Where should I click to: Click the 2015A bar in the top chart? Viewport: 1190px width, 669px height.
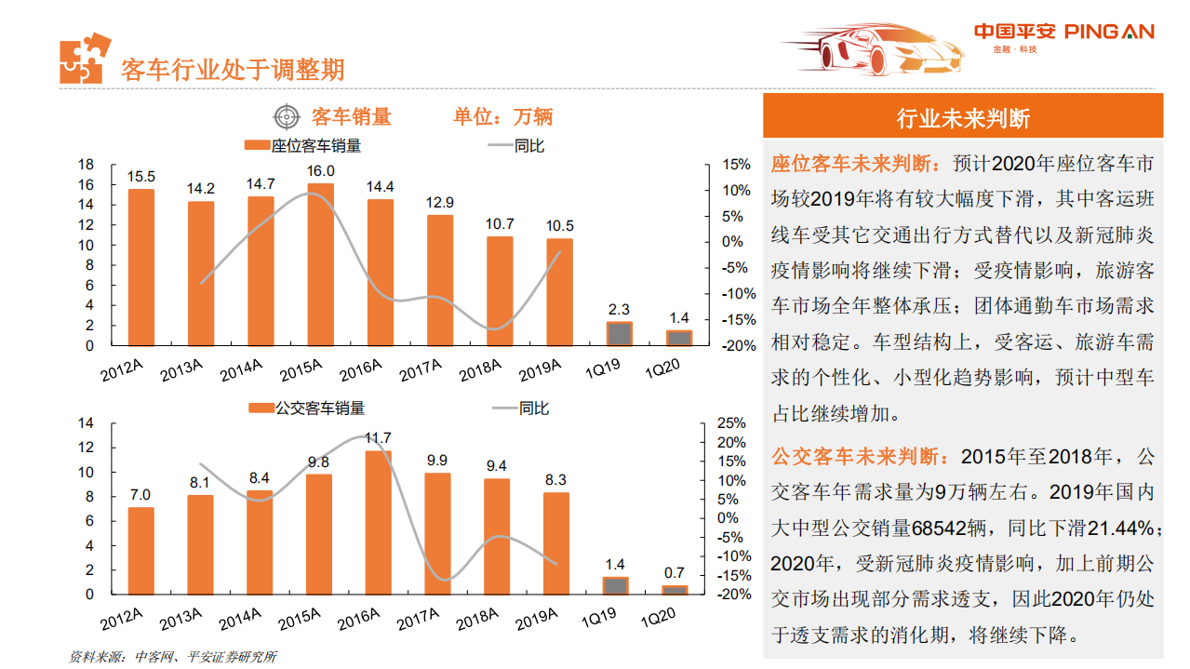point(320,264)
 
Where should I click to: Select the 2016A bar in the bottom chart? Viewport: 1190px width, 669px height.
point(378,522)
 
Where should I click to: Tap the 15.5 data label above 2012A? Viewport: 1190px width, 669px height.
point(141,176)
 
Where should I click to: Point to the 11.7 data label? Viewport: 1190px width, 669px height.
point(378,437)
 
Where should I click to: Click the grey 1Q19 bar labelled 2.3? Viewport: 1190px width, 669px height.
point(619,334)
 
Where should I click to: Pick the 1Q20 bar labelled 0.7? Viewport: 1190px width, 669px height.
point(675,589)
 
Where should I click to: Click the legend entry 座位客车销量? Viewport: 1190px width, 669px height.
point(303,146)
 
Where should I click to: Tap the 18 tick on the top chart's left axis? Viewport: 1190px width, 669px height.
point(85,165)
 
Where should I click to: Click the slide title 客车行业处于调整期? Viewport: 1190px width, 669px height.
point(233,69)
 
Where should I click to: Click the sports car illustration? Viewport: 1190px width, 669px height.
point(871,48)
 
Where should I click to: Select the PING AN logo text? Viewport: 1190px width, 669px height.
point(1109,32)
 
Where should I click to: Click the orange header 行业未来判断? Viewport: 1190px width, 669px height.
point(962,118)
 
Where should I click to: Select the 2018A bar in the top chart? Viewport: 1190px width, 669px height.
point(500,290)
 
